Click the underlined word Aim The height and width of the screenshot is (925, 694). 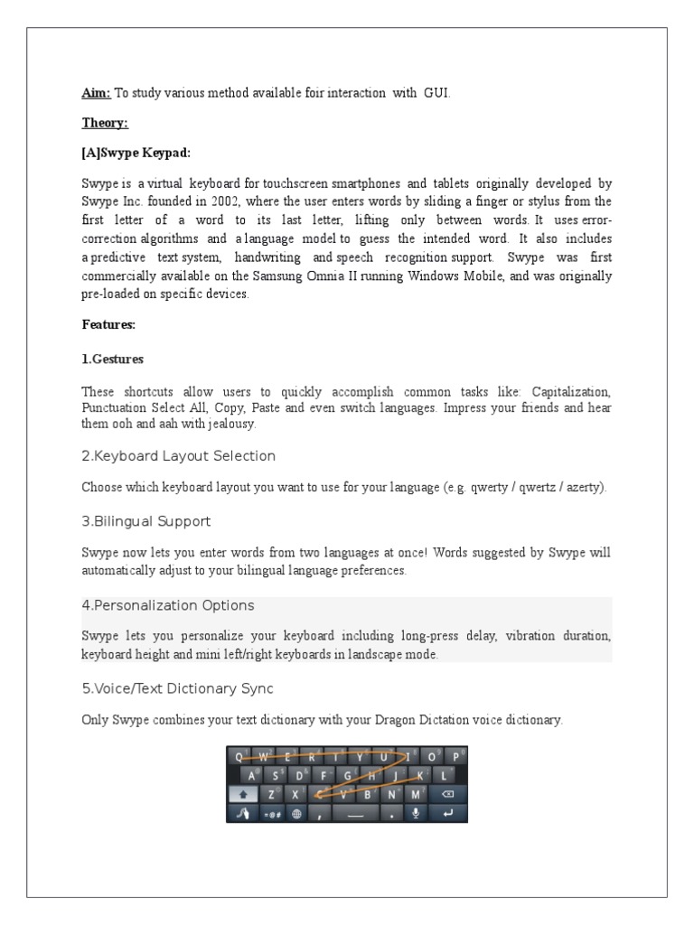coord(96,93)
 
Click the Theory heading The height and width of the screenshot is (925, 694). coord(105,123)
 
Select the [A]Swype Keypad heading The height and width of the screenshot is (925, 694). coord(136,153)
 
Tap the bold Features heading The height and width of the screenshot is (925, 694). coord(108,323)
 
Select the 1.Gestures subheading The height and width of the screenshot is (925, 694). coord(112,359)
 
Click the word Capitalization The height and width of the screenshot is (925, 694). coord(571,391)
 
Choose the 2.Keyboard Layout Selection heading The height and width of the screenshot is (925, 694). coord(178,455)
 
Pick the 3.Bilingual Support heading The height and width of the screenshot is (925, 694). coord(145,521)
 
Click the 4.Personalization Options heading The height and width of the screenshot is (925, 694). coord(167,605)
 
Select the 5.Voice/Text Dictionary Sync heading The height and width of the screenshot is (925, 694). coord(177,689)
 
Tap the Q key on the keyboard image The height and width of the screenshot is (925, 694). coord(239,756)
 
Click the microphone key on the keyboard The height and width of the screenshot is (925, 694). coord(417,813)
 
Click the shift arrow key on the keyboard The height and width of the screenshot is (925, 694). coord(242,794)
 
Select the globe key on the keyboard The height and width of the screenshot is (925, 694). coord(295,813)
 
